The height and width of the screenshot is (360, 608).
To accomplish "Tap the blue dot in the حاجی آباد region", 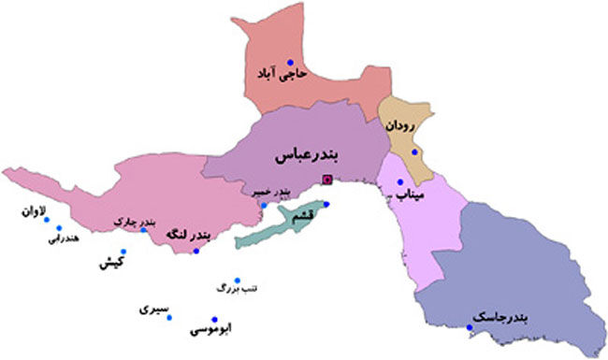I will [x=291, y=59].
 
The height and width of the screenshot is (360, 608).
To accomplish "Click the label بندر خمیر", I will [x=270, y=191].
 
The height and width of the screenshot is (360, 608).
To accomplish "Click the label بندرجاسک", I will [x=499, y=321].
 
